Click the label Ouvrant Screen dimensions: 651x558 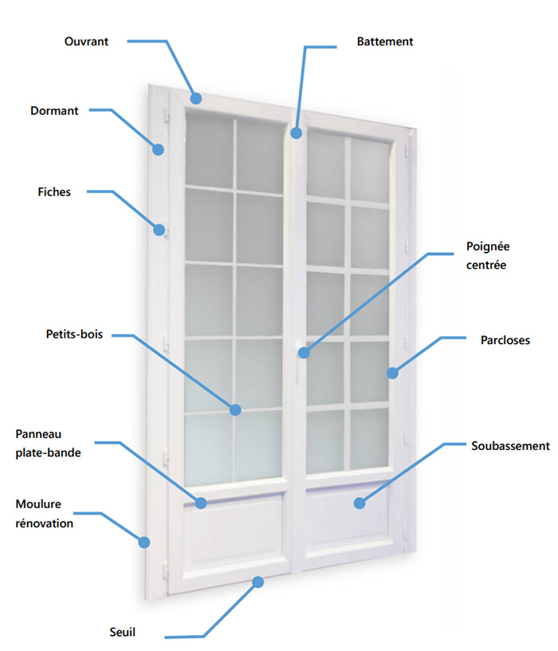86,41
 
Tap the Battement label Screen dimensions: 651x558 385,41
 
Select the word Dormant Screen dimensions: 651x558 54,111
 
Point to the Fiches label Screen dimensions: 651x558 54,191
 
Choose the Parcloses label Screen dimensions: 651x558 505,340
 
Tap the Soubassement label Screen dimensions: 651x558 510,445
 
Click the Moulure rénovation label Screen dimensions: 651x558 45,514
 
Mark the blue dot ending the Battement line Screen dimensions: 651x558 296,133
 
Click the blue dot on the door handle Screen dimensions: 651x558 304,351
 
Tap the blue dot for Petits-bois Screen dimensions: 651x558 235,410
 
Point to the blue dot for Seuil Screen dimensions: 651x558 257,582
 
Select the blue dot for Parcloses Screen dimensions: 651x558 392,373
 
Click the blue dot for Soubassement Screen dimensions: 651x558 360,503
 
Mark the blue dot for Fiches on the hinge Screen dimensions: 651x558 159,231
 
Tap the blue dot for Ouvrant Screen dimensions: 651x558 196,98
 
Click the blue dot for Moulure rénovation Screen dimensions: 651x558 144,542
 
